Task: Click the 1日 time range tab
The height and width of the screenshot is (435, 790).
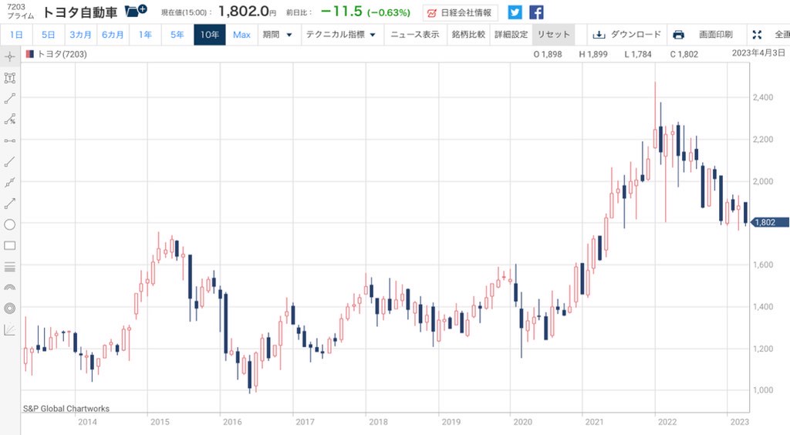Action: tap(16, 35)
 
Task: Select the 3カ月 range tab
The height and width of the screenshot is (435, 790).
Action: tap(80, 35)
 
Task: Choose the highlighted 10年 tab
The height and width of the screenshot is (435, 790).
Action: tap(209, 35)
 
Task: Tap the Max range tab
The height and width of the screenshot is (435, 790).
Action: tap(241, 35)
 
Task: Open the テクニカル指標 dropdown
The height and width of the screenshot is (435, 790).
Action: tap(340, 35)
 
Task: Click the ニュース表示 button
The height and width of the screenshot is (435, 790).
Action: tap(414, 35)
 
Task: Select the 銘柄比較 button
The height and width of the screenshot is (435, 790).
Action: tap(468, 35)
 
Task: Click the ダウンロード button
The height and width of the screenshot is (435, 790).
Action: tap(627, 35)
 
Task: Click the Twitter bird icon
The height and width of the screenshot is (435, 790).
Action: tap(515, 12)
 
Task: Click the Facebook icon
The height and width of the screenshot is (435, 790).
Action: tap(536, 12)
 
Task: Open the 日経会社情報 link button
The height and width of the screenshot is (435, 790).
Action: tap(460, 12)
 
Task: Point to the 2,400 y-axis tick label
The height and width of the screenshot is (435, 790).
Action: tap(763, 97)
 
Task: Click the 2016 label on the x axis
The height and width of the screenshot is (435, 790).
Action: tap(231, 422)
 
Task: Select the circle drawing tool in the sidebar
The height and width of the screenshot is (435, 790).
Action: tap(10, 224)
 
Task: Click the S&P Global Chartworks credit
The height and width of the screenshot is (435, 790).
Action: tap(66, 409)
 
